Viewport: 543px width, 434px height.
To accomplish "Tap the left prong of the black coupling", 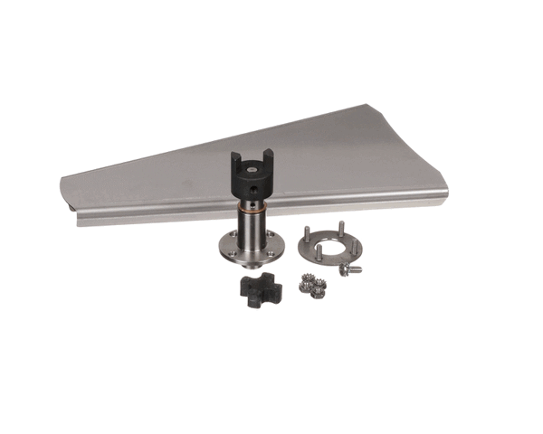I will pos(235,163).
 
